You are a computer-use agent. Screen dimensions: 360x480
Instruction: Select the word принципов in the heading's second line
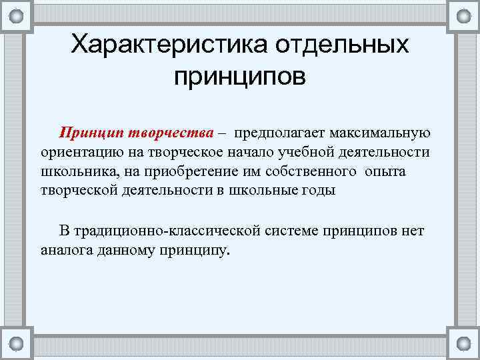[x=240, y=77]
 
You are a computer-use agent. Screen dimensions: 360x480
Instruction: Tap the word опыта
[x=386, y=171]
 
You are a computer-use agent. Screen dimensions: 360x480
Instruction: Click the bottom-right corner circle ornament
[x=463, y=344]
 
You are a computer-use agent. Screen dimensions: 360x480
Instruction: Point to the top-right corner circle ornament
[x=463, y=15]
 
